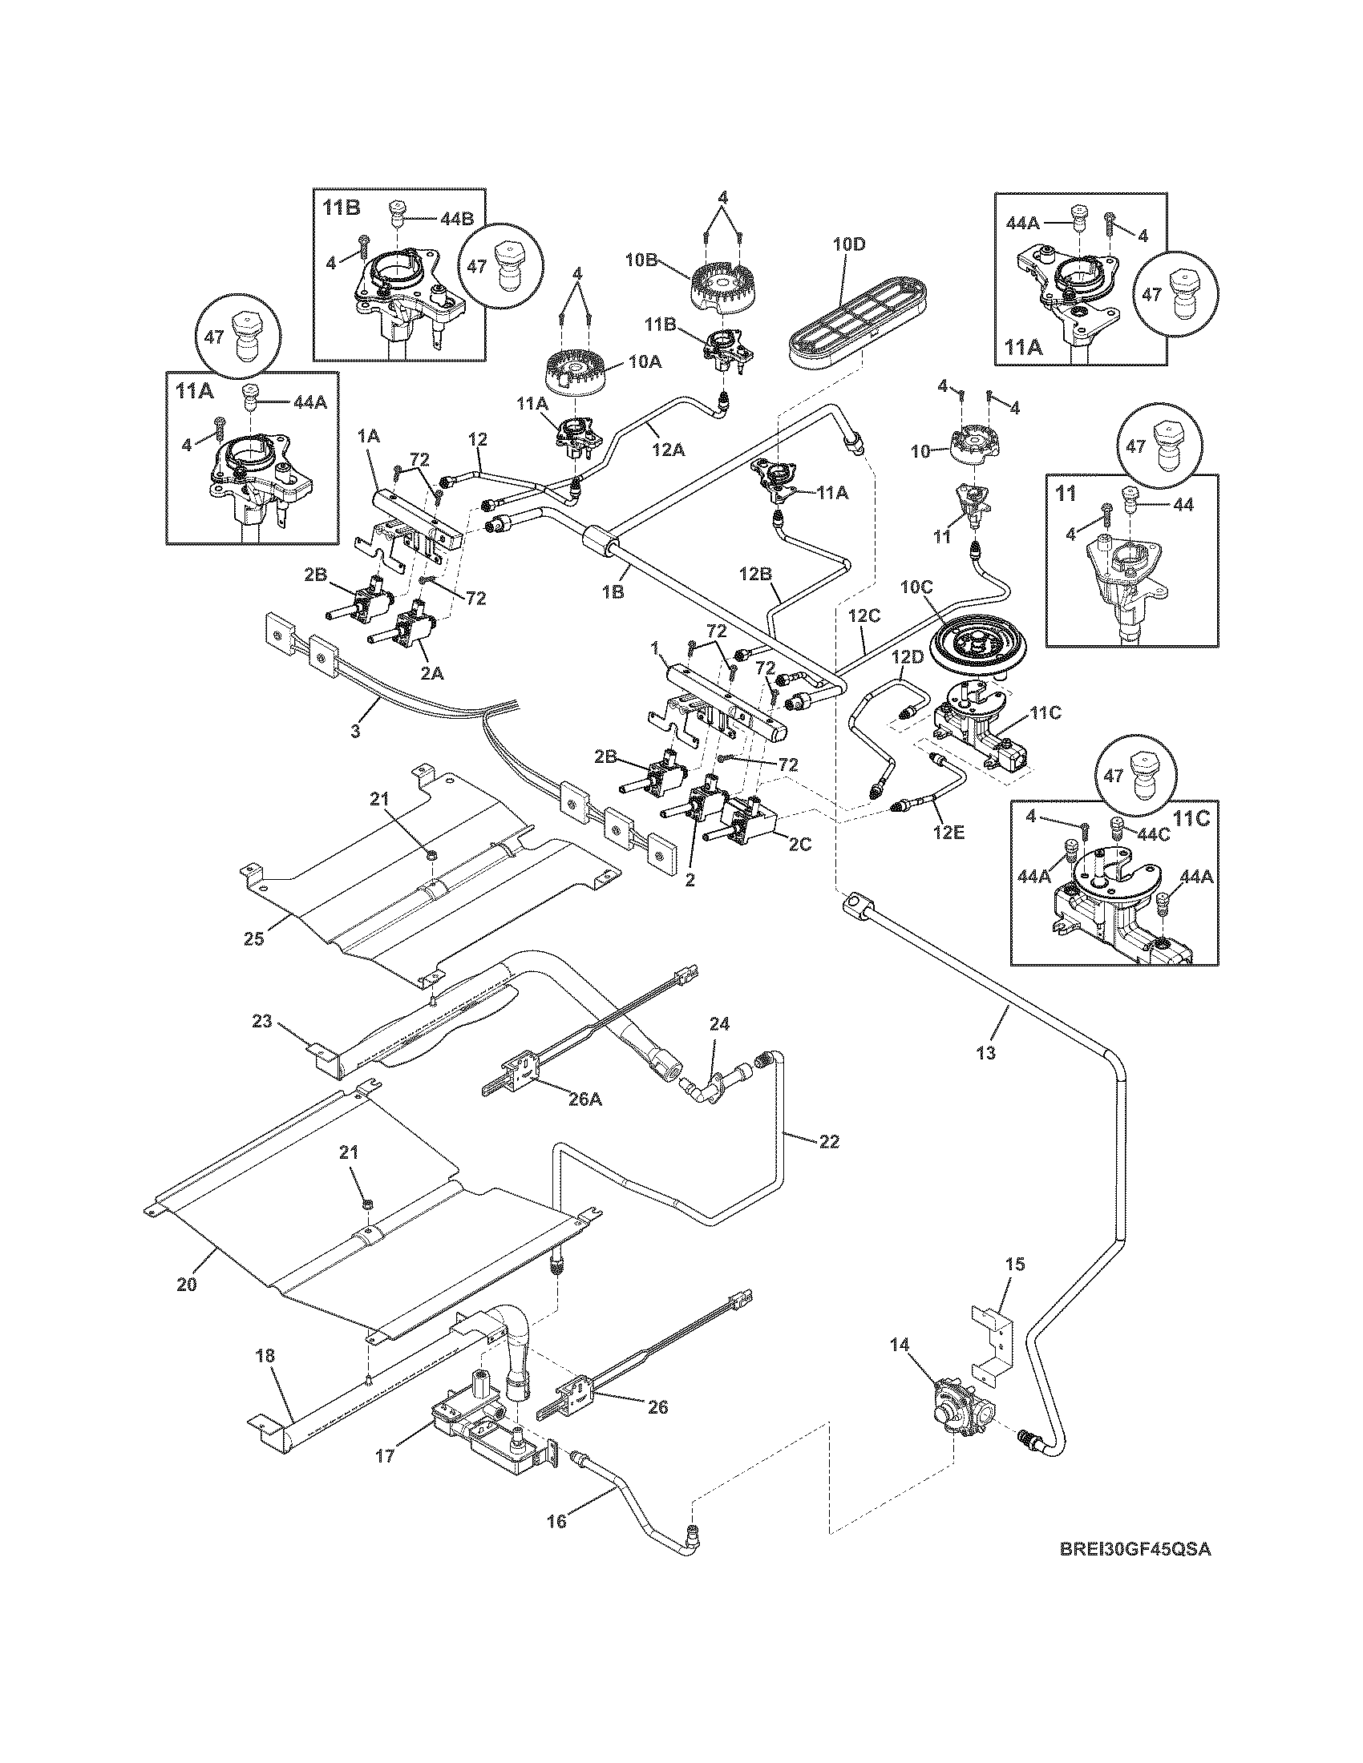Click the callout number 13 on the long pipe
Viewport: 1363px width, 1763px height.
click(x=986, y=1053)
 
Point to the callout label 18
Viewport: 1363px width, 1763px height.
click(x=266, y=1357)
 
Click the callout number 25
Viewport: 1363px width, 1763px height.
click(x=253, y=939)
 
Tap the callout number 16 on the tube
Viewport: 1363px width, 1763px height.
click(x=557, y=1521)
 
